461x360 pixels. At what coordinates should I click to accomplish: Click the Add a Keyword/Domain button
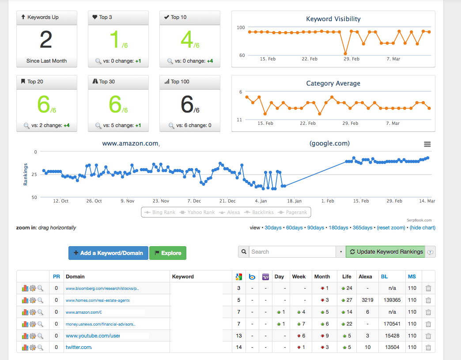[108, 253]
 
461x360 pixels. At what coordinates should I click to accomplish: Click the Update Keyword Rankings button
[385, 251]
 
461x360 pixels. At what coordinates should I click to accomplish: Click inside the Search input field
[292, 251]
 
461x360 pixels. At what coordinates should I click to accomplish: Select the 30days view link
[273, 228]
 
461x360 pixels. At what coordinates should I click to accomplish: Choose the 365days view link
[362, 228]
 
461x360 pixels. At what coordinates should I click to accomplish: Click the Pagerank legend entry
[293, 212]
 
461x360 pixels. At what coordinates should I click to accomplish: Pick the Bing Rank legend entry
[160, 212]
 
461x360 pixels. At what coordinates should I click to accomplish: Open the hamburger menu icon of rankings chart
[427, 144]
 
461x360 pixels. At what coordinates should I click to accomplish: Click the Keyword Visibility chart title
[333, 19]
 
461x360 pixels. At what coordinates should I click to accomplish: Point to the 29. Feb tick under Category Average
[350, 124]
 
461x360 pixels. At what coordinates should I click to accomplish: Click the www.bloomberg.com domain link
[102, 289]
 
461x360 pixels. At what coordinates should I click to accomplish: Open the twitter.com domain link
[79, 347]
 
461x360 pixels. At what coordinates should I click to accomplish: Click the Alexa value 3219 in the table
[367, 300]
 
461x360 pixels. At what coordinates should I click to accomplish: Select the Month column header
[322, 277]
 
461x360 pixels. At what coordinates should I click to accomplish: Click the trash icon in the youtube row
[428, 336]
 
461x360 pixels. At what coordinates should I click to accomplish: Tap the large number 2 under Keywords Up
[46, 40]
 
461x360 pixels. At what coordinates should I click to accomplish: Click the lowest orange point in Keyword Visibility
[345, 54]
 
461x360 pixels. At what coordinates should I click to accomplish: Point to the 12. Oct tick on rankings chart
[60, 201]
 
